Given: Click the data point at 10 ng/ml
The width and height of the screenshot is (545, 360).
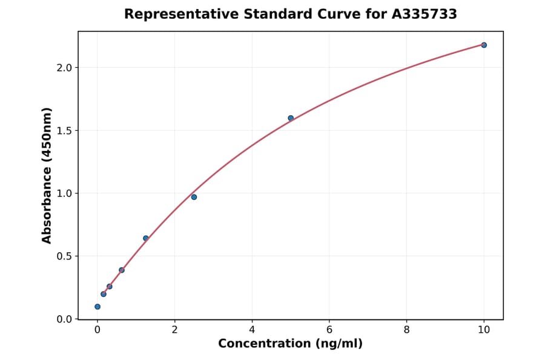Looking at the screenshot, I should [484, 45].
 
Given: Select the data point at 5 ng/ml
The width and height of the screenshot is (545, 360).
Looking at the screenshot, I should [291, 118].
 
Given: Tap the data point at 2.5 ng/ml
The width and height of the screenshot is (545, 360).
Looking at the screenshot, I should [194, 197].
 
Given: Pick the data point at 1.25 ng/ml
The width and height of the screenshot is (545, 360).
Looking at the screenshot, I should [146, 238].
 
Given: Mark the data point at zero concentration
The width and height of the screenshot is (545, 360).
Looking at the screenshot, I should [97, 307].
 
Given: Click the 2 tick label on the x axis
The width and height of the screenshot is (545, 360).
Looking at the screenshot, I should [174, 330].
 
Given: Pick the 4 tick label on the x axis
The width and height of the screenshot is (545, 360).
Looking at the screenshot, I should [252, 330].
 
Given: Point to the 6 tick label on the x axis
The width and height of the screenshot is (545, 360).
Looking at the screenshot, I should [329, 330].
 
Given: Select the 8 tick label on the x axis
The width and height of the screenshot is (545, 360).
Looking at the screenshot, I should [406, 330].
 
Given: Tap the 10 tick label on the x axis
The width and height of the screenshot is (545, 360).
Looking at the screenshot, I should [484, 330].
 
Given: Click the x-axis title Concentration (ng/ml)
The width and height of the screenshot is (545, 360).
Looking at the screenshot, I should [290, 344].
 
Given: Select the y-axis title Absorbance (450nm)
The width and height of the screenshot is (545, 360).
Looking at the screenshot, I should [47, 175].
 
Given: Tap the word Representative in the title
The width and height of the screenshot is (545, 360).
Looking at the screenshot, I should [180, 14].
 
